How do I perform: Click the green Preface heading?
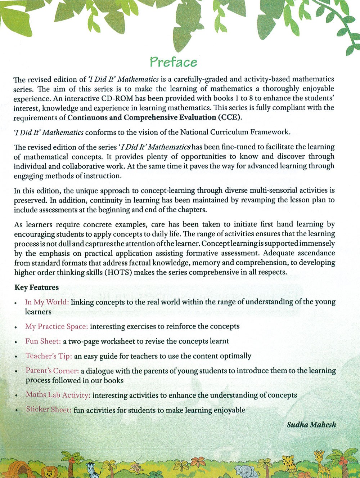click(174, 62)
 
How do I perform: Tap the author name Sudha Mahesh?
click(311, 425)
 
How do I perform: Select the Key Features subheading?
click(36, 287)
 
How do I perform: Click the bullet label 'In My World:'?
click(47, 302)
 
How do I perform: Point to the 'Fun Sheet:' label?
click(43, 341)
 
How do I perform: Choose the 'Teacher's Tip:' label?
click(49, 356)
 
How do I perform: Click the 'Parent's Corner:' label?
click(52, 371)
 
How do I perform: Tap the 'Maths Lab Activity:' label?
click(58, 395)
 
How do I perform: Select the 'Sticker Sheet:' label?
click(49, 410)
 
